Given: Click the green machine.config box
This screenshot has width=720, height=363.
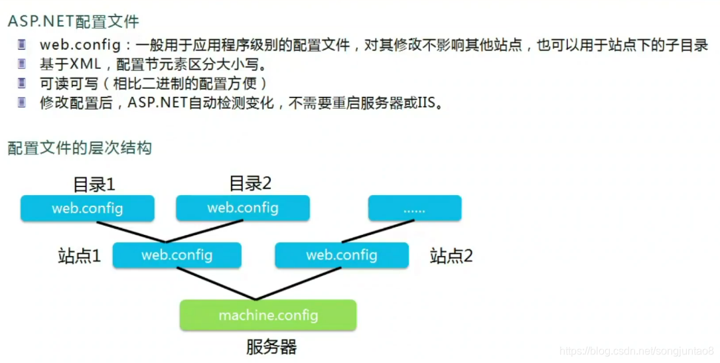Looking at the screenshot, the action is pyautogui.click(x=268, y=315).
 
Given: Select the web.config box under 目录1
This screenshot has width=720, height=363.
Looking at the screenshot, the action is pyautogui.click(x=88, y=208).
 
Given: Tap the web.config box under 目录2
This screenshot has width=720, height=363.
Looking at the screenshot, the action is pyautogui.click(x=243, y=208).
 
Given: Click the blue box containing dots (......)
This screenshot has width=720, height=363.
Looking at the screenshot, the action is pyautogui.click(x=414, y=208).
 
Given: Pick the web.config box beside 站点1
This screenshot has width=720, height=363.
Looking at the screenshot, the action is pyautogui.click(x=177, y=255).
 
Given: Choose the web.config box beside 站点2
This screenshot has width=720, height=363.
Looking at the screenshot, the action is pyautogui.click(x=341, y=255).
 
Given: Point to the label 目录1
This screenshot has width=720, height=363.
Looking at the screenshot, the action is pyautogui.click(x=94, y=184).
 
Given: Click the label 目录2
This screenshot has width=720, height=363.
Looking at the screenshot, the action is pyautogui.click(x=250, y=182).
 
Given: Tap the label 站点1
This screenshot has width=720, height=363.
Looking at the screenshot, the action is pyautogui.click(x=80, y=255).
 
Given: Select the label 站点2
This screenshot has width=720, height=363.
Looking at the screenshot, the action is pyautogui.click(x=451, y=255).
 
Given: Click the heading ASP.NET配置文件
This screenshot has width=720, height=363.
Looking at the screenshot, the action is pyautogui.click(x=73, y=21).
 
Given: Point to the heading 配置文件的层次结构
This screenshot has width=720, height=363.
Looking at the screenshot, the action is pyautogui.click(x=80, y=147).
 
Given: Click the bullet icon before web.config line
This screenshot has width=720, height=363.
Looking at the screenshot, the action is pyautogui.click(x=23, y=45).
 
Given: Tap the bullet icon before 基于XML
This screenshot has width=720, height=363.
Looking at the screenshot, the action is pyautogui.click(x=23, y=64).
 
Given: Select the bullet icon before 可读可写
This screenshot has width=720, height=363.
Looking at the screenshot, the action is pyautogui.click(x=23, y=84).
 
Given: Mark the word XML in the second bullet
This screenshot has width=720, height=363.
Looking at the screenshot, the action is pyautogui.click(x=86, y=64).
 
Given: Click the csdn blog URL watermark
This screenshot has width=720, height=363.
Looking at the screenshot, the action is pyautogui.click(x=636, y=350).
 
